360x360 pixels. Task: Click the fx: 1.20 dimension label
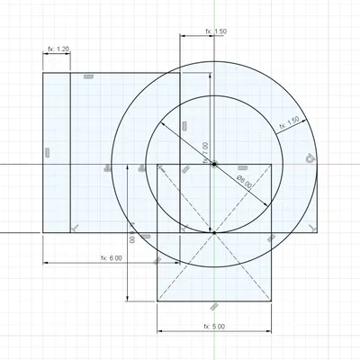point(57,49)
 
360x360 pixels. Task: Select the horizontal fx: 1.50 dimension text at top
point(216,31)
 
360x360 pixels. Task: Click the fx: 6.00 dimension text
point(111,257)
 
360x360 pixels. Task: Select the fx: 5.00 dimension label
point(214,326)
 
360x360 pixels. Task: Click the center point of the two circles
point(214,164)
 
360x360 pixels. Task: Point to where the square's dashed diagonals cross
point(214,232)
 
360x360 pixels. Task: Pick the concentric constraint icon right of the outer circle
point(310,158)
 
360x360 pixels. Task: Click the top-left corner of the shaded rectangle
point(43,73)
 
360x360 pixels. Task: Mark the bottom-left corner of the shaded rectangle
point(43,232)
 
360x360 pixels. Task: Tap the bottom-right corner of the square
point(272,301)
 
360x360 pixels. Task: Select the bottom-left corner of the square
point(157,301)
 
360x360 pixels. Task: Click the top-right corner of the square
point(272,164)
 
